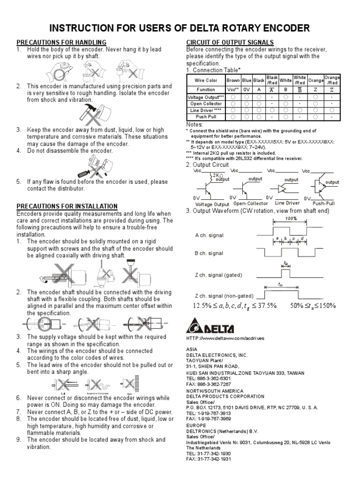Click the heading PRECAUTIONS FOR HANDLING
61,42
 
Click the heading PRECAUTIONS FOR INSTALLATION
67,206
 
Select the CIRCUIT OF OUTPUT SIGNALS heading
230,42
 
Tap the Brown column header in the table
233,80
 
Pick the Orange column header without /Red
315,80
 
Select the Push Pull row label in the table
206,117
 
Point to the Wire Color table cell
206,80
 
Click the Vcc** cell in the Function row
233,89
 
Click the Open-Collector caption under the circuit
250,203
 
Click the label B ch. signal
209,253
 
